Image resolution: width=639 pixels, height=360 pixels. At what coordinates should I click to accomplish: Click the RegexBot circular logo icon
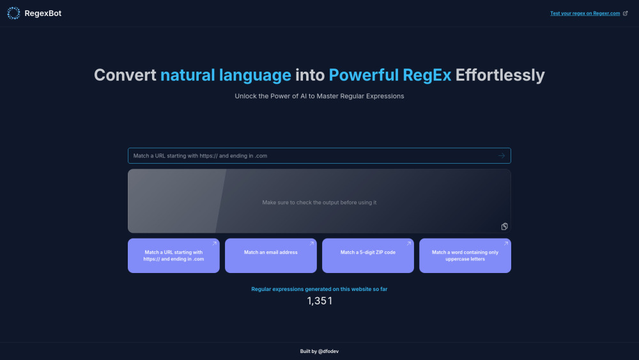[x=13, y=13]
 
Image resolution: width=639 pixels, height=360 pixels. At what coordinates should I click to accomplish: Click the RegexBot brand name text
[x=43, y=13]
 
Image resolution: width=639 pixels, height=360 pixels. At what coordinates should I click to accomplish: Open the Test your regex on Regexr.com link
[x=585, y=13]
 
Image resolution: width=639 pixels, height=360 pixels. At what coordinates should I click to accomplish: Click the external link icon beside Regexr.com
[x=625, y=13]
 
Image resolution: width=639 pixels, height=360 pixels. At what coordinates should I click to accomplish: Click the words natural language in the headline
[x=226, y=75]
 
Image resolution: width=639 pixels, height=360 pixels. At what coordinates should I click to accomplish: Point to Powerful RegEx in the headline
[x=390, y=75]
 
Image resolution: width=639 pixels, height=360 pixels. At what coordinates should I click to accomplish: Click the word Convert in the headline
[x=125, y=75]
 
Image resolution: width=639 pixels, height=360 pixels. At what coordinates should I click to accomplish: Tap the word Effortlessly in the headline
[x=500, y=75]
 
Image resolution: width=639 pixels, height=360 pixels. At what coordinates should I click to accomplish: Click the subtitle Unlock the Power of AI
[x=319, y=96]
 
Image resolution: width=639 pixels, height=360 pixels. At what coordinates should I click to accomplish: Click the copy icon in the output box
[x=504, y=226]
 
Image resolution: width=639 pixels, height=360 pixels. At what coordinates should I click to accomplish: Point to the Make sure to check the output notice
[x=319, y=203]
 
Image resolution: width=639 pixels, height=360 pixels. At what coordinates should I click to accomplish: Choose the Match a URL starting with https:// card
[x=174, y=256]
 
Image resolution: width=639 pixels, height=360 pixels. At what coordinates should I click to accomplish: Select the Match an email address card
[x=271, y=256]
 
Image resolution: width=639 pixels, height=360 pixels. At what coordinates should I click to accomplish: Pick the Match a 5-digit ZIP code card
[x=368, y=256]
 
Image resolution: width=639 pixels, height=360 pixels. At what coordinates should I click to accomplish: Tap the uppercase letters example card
[x=465, y=256]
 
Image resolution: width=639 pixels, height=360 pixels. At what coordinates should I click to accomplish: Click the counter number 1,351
[x=319, y=301]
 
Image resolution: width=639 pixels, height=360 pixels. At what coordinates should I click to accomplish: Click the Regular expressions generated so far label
[x=319, y=289]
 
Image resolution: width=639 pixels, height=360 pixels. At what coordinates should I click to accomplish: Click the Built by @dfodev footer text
[x=319, y=351]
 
